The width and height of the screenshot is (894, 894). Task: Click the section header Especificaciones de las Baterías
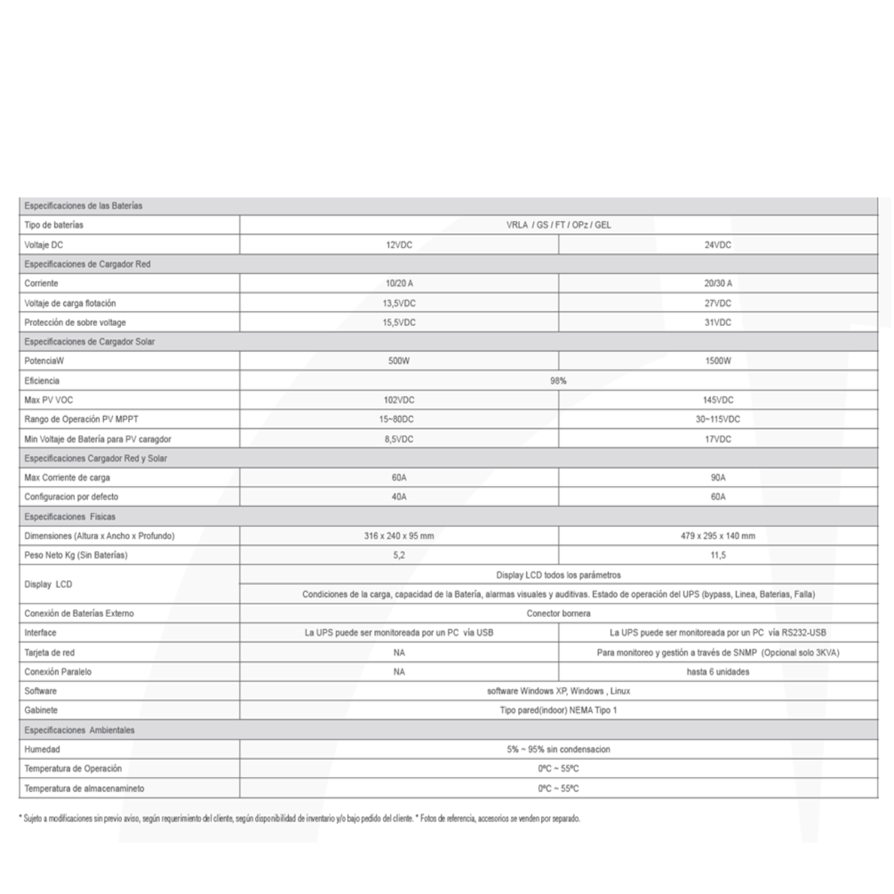point(83,206)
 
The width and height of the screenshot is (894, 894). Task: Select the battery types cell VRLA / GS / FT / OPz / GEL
point(558,225)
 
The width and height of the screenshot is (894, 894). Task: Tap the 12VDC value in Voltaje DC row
point(399,245)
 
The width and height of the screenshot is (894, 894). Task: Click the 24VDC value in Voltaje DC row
point(718,245)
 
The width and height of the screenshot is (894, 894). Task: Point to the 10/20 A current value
point(399,283)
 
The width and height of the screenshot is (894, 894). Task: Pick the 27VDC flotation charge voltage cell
point(718,303)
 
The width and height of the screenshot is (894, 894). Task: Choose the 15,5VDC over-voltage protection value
point(399,323)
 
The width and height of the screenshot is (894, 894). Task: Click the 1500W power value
point(718,361)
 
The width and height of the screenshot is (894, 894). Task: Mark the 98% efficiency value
point(558,380)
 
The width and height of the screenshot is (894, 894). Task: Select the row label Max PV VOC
point(48,400)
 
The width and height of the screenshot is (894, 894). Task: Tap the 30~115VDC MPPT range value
point(718,419)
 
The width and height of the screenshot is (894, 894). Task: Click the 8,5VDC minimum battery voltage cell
point(399,439)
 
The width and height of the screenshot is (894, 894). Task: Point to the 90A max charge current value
point(718,477)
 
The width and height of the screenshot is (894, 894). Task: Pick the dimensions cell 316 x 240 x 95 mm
point(399,536)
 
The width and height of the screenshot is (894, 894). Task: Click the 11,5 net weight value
point(718,555)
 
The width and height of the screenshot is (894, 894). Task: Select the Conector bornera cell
point(558,613)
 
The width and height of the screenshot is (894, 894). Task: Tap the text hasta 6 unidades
point(718,672)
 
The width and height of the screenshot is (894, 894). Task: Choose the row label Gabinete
point(41,710)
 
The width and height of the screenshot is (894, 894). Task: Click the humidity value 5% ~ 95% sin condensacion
point(558,750)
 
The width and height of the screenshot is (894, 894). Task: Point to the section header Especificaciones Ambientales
point(79,730)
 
